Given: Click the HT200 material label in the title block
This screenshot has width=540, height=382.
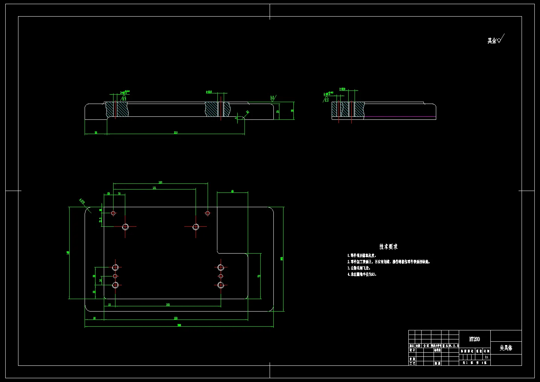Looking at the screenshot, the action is click(x=475, y=339).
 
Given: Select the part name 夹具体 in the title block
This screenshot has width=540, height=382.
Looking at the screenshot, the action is click(x=506, y=348).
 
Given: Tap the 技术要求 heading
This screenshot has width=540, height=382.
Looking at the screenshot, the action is click(x=388, y=247).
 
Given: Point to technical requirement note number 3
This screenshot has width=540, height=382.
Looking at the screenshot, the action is click(x=359, y=268).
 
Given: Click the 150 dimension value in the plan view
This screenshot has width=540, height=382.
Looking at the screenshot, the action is click(x=160, y=182).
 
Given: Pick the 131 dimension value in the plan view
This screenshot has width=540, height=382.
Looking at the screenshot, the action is click(x=154, y=188).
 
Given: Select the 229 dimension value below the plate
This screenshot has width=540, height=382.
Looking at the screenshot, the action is click(x=176, y=318).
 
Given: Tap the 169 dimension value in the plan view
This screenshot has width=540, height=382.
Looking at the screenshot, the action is click(x=168, y=304).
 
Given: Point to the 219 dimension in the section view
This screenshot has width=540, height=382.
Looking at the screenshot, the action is click(x=176, y=133).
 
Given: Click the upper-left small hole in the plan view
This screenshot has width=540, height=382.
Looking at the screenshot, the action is click(x=113, y=213).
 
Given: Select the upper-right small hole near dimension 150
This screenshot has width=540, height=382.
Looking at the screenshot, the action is click(x=207, y=213).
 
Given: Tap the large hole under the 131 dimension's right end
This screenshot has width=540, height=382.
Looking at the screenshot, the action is click(x=196, y=227).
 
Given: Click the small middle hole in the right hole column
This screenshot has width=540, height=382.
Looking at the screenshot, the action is click(x=221, y=276).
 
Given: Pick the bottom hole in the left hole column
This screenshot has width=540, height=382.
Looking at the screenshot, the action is click(x=115, y=285).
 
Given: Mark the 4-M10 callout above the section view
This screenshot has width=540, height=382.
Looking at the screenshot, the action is click(x=209, y=92).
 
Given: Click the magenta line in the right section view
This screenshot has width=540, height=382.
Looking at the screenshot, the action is click(x=399, y=116).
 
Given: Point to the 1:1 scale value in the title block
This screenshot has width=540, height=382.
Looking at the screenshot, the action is click(x=487, y=357).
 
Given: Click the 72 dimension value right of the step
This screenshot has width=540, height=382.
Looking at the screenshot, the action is click(x=259, y=276).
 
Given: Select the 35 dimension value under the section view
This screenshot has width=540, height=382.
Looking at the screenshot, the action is click(x=96, y=133).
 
